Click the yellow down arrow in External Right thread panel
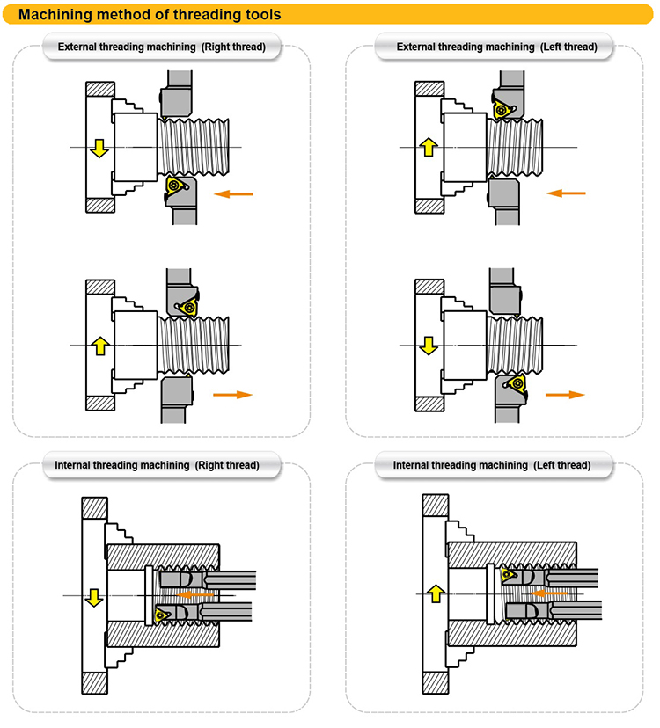pos(99,148)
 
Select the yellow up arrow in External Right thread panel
pos(100,346)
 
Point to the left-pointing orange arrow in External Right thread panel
pos(233,193)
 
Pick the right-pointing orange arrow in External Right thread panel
pos(232,395)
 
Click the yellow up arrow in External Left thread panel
pos(429,147)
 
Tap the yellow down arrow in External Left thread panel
pos(429,346)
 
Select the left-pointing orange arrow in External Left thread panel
pos(566,193)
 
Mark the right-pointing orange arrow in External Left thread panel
pos(565,395)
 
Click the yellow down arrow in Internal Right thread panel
pos(94,598)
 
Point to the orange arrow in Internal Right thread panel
pos(195,594)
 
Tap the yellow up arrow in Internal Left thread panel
pos(436,593)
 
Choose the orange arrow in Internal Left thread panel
pos(549,593)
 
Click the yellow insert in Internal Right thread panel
pos(162,615)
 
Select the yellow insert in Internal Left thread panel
pos(508,575)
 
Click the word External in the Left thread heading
pos(416,47)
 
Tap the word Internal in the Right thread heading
pos(72,465)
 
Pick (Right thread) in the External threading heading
pos(233,47)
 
